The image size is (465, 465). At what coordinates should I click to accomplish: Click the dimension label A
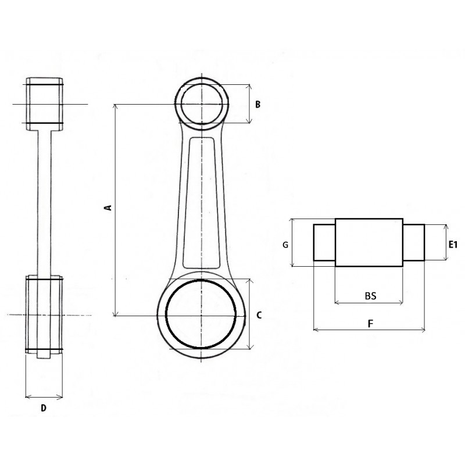[109, 208]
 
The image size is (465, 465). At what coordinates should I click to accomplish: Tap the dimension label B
[257, 105]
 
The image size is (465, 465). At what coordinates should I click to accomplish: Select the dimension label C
[259, 315]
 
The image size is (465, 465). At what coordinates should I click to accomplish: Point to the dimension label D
[44, 409]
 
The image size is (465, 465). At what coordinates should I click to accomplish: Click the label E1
[453, 245]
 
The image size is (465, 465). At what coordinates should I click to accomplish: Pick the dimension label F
[370, 324]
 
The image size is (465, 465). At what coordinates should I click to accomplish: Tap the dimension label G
[285, 245]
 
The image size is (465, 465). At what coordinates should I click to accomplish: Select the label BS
[370, 296]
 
